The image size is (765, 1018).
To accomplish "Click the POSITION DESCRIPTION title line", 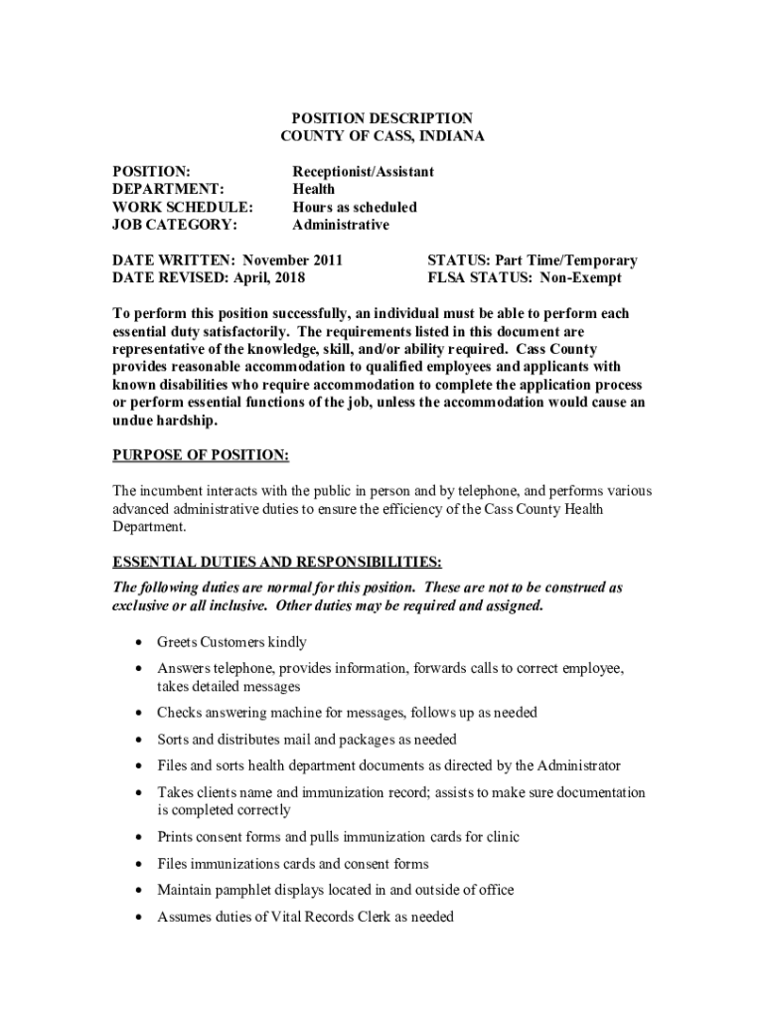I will point(382,118).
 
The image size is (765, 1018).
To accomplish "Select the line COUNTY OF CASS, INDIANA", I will point(382,136).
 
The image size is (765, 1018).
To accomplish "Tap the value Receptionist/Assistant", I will point(363,172).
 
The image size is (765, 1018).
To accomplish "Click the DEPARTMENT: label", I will point(168,190).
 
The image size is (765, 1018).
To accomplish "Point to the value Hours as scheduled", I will point(354,208).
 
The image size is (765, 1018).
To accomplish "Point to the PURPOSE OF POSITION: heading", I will point(201,456).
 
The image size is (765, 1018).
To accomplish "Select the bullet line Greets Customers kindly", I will point(231,642).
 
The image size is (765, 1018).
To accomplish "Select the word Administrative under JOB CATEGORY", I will point(341,226).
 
